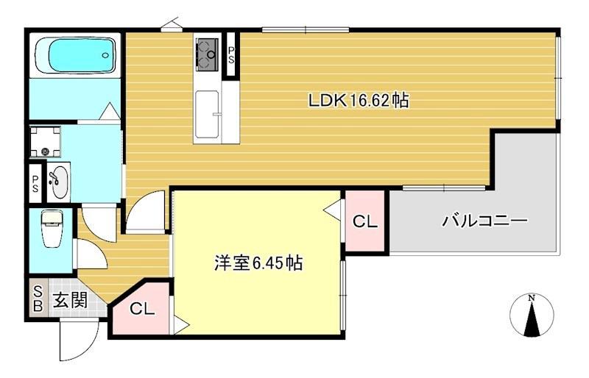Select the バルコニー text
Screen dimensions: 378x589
click(x=484, y=220)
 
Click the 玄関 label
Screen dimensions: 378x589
click(x=70, y=299)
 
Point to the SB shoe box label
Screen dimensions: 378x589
click(x=38, y=299)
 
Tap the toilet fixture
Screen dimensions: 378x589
click(x=52, y=229)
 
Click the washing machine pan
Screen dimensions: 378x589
click(x=47, y=142)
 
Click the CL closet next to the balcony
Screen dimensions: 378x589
click(x=364, y=221)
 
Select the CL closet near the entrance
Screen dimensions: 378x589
click(x=142, y=310)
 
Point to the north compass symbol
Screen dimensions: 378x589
click(x=532, y=315)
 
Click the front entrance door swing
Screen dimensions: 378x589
click(x=77, y=340)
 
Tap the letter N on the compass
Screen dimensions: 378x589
click(x=532, y=297)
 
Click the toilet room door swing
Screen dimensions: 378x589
click(x=91, y=254)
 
